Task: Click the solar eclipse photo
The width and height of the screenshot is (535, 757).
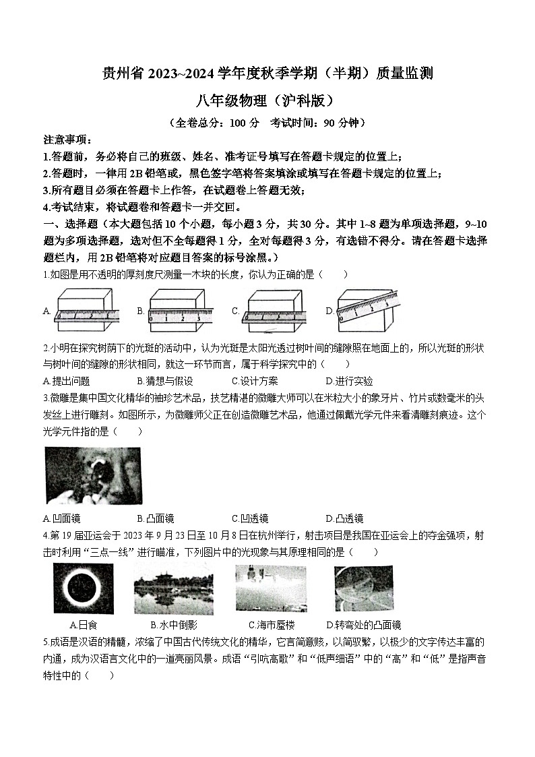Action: click(x=84, y=588)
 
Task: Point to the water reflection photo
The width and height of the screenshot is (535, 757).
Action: click(x=173, y=588)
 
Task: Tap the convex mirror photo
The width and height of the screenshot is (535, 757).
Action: click(x=364, y=588)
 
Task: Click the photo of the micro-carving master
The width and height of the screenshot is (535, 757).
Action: click(x=93, y=475)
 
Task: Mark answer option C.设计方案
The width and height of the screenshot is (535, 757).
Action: click(x=255, y=381)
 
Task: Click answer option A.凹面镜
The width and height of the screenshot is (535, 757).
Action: click(x=61, y=518)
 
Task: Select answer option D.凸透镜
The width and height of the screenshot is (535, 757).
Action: click(x=344, y=518)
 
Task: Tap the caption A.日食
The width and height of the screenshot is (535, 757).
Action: click(x=84, y=625)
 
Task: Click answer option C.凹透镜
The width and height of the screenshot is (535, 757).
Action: click(x=250, y=518)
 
